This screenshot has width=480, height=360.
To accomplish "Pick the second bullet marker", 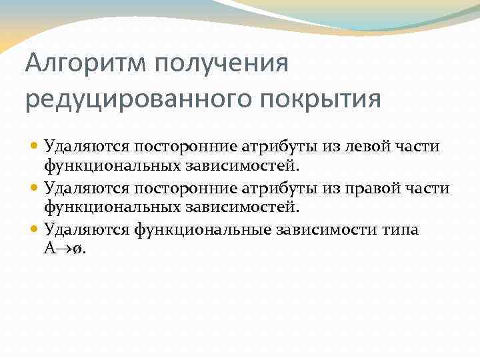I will pyautogui.click(x=35, y=188).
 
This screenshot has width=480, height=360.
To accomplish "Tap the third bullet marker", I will pyautogui.click(x=35, y=230).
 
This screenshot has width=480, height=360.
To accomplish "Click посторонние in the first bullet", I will pyautogui.click(x=164, y=146).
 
